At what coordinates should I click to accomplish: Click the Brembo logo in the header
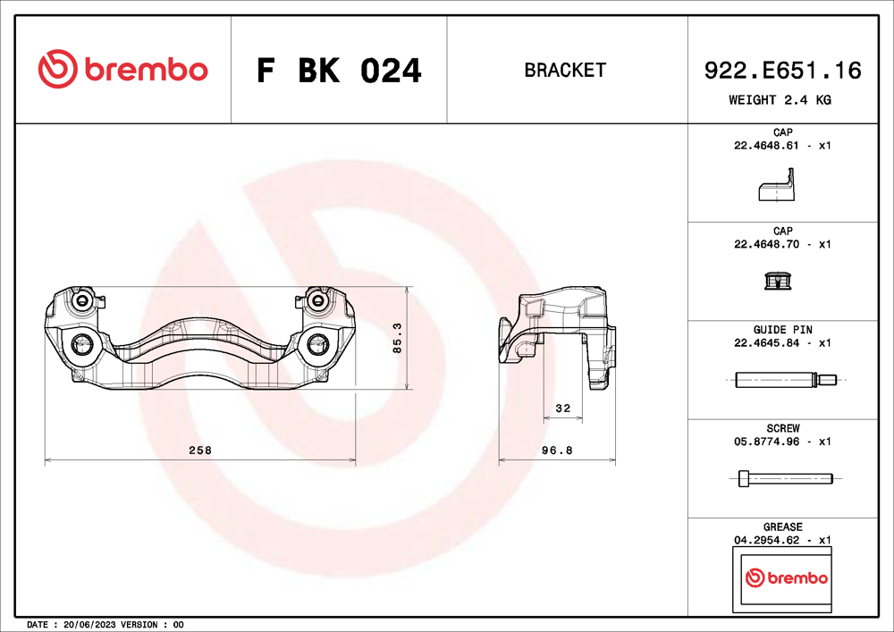pos(122,69)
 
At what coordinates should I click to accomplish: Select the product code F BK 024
pos(339,70)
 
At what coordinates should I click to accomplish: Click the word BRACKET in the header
pos(565,70)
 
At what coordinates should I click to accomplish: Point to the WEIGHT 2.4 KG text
pos(780,100)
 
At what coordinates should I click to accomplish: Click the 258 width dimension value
pos(200,451)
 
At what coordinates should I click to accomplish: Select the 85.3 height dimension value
pos(397,338)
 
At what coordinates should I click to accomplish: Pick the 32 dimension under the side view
pos(562,408)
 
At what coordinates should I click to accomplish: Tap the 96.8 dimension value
pos(557,451)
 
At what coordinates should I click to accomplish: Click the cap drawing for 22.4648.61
pos(775,190)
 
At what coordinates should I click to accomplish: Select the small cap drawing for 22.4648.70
pos(777,282)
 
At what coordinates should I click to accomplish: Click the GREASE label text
pos(782,527)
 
